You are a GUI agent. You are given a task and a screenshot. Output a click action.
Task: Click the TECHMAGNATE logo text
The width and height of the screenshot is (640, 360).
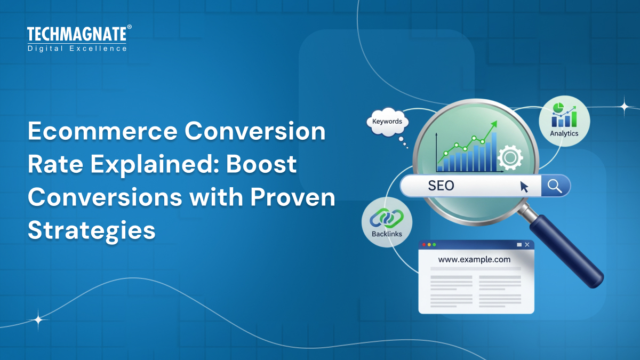pyautogui.click(x=76, y=35)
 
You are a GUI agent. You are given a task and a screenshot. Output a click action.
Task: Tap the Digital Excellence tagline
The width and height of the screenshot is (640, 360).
pyautogui.click(x=77, y=49)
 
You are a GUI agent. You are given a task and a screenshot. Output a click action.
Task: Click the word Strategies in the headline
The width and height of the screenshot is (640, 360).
pyautogui.click(x=91, y=230)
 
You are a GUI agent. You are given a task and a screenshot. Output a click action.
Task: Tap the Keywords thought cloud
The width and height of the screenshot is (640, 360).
pyautogui.click(x=387, y=122)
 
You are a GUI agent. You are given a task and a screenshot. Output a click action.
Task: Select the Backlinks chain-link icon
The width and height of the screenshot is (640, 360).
pyautogui.click(x=387, y=218)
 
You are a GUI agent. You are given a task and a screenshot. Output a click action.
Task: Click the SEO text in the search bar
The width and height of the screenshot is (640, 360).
pyautogui.click(x=441, y=186)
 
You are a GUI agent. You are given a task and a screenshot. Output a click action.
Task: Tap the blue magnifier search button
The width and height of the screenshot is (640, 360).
pyautogui.click(x=555, y=186)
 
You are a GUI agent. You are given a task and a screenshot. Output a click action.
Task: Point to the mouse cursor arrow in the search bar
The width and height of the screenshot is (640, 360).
pyautogui.click(x=524, y=187)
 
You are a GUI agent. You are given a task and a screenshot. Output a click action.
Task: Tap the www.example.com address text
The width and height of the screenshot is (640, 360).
pyautogui.click(x=474, y=260)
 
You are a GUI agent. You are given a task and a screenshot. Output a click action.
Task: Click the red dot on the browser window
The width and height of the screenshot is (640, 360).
pyautogui.click(x=425, y=244)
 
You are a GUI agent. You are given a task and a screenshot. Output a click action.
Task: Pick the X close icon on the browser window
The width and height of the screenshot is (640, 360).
pyautogui.click(x=527, y=244)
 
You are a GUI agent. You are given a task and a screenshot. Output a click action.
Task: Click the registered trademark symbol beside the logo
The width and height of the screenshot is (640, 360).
pyautogui.click(x=129, y=27)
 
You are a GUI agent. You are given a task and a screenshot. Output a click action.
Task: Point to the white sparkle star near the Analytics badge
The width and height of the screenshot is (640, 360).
pyautogui.click(x=624, y=106)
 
